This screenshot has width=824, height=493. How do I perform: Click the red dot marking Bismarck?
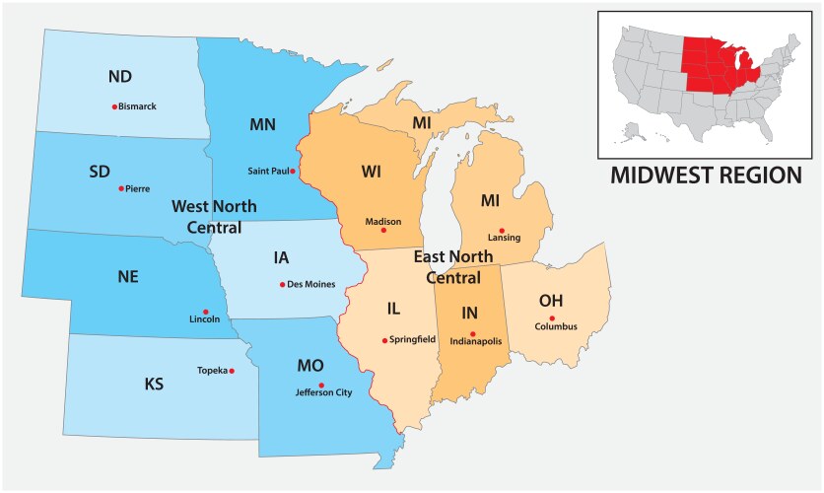(x=114, y=106)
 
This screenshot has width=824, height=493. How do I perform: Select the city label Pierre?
(x=138, y=188)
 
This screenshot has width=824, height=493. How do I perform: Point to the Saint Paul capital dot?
(x=293, y=172)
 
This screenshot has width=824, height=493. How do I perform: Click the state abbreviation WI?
(x=371, y=172)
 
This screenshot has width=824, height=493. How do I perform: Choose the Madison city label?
(x=383, y=222)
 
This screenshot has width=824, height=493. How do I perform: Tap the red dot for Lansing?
(x=502, y=230)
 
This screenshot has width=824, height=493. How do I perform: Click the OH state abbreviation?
(x=551, y=299)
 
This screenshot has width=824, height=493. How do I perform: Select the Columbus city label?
(x=557, y=326)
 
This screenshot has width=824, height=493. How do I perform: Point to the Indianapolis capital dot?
(x=473, y=333)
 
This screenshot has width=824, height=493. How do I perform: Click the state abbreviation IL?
(x=393, y=309)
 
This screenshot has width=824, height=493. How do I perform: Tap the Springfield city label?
(x=413, y=340)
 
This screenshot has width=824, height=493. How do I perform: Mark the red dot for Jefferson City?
(x=321, y=385)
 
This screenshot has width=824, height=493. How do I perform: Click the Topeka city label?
(x=212, y=371)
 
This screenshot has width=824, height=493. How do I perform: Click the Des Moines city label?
(x=311, y=285)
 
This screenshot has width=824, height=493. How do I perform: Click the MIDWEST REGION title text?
(x=706, y=176)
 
